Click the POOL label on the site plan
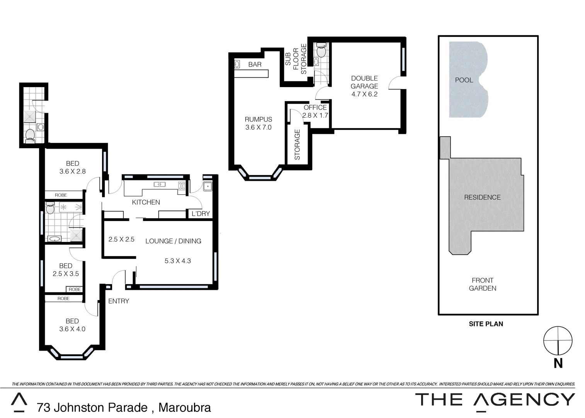(x=464, y=80)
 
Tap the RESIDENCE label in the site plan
(x=482, y=197)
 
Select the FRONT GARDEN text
(x=482, y=284)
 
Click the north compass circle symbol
(x=558, y=341)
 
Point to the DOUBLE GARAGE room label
(x=364, y=82)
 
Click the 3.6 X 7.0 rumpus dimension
(x=258, y=127)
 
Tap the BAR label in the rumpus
(x=255, y=65)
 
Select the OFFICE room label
(x=315, y=108)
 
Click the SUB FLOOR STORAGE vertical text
(x=296, y=59)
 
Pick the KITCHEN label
(x=146, y=202)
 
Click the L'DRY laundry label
(x=201, y=214)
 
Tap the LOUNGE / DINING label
(x=173, y=241)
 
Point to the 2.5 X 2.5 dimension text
(x=121, y=240)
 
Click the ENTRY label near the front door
(x=118, y=301)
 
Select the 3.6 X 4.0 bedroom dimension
(x=72, y=329)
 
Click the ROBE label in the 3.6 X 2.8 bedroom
(x=61, y=195)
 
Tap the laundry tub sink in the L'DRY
(x=208, y=187)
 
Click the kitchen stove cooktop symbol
(x=182, y=186)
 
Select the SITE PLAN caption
(x=486, y=324)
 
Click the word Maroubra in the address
(x=185, y=408)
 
